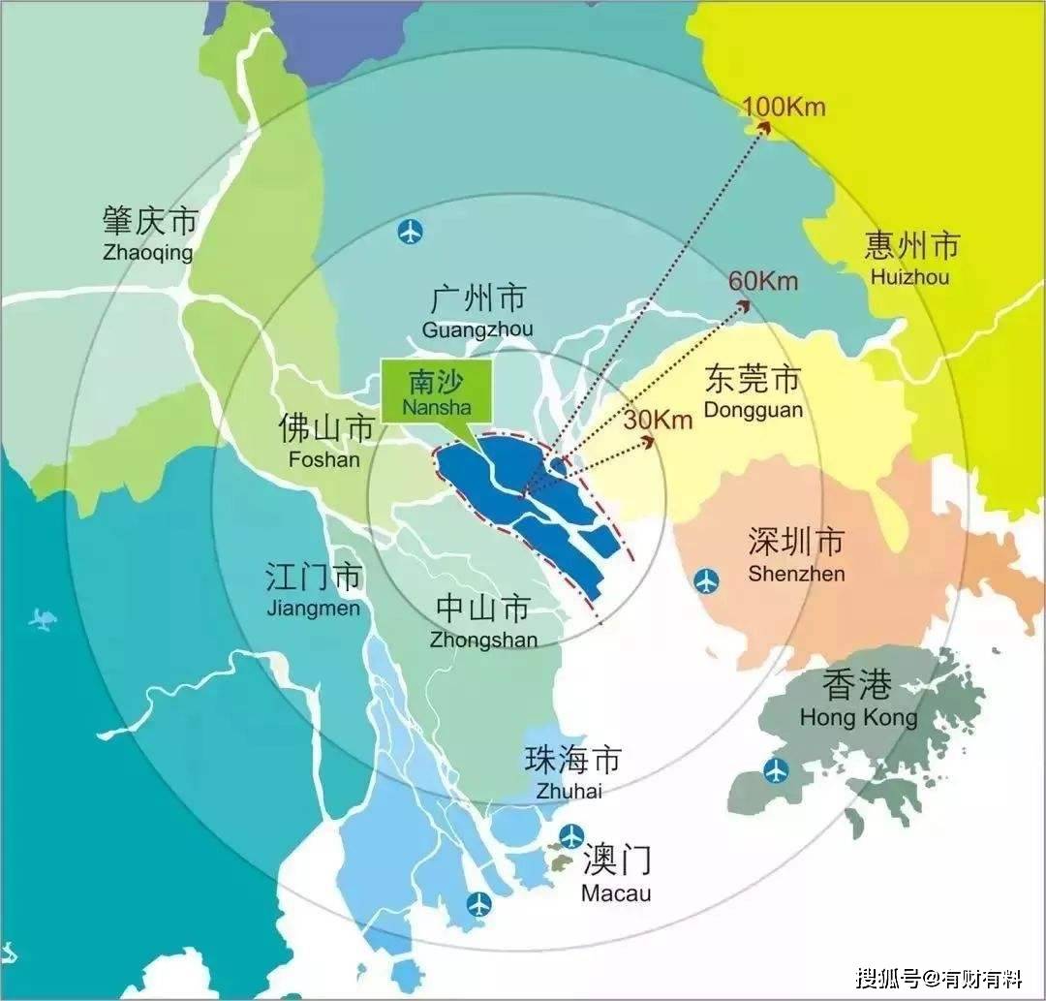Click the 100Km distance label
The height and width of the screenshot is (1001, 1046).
784,106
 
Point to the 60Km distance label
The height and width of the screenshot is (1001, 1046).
763,281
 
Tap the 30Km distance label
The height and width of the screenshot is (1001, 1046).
659,420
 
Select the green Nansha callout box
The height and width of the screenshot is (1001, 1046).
438,391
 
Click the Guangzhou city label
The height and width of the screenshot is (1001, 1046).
477,310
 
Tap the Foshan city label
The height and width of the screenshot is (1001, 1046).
324,441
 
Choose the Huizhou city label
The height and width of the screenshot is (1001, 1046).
910,259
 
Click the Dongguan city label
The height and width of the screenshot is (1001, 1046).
754,391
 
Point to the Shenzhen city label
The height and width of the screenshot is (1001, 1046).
796,555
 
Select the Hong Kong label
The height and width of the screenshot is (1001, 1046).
858,700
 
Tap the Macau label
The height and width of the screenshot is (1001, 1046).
617,874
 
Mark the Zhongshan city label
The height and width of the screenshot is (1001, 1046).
483,621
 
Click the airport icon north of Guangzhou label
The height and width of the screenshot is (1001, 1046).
411,232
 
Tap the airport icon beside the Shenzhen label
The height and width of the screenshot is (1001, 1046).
707,580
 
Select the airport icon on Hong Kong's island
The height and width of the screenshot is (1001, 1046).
776,770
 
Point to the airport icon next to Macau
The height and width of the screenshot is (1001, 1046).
572,834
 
